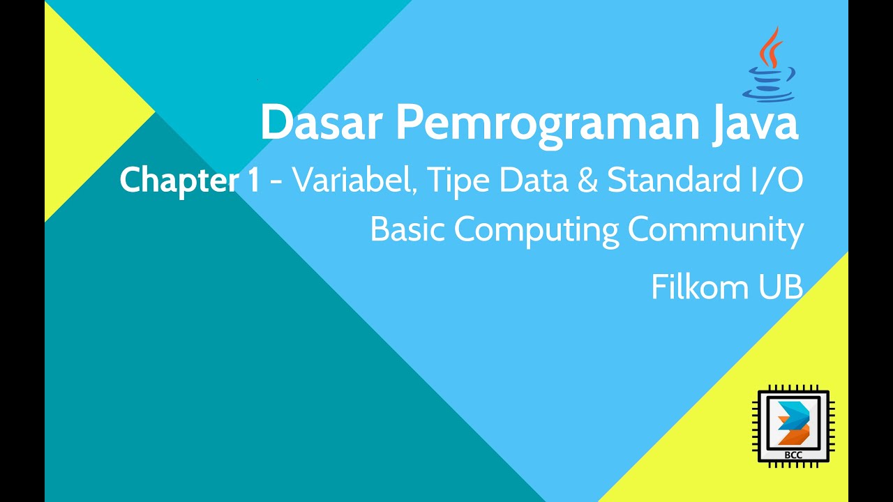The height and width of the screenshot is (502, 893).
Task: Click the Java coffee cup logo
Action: click(x=770, y=66)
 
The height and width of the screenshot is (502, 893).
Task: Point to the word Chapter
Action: click(x=179, y=181)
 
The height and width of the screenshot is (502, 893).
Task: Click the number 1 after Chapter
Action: click(x=253, y=181)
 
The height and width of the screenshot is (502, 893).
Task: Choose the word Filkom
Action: click(x=700, y=287)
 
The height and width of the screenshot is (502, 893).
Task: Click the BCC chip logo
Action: click(x=795, y=426)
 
